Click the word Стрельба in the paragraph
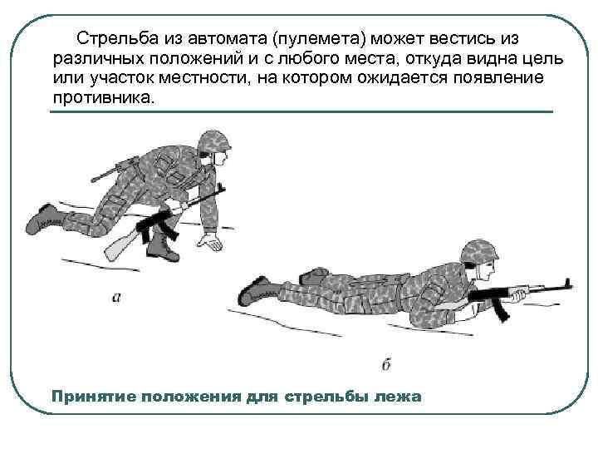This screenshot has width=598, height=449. [117, 38]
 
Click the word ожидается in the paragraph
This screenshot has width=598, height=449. [402, 78]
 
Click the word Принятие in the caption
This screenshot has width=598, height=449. [94, 397]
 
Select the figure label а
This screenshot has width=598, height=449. [117, 298]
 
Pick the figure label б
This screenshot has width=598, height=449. [386, 365]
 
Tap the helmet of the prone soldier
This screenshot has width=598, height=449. [479, 252]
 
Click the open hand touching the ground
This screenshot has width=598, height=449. [209, 243]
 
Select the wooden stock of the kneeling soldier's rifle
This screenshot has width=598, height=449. [119, 244]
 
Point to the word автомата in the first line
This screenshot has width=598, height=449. [228, 39]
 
